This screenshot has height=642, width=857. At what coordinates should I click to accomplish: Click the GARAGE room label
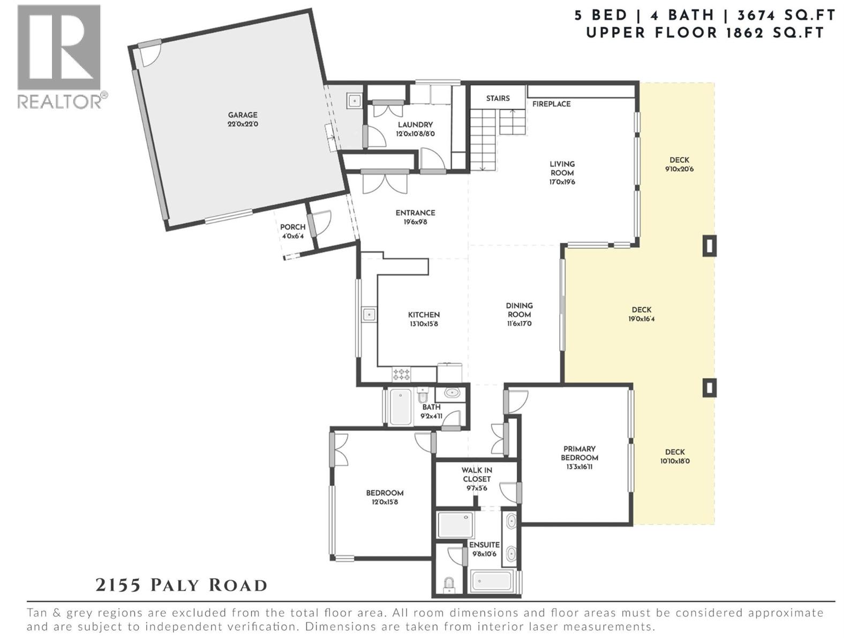pyautogui.click(x=243, y=115)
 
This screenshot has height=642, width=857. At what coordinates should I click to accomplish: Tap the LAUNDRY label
pyautogui.click(x=415, y=125)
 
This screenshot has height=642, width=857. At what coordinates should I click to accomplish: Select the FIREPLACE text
pyautogui.click(x=551, y=104)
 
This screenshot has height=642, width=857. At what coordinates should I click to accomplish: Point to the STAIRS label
pyautogui.click(x=498, y=98)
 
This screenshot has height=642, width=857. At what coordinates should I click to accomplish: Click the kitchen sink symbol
pyautogui.click(x=369, y=315)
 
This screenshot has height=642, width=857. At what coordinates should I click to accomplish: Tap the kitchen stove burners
pyautogui.click(x=401, y=373)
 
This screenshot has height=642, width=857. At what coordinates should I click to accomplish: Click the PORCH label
pyautogui.click(x=292, y=227)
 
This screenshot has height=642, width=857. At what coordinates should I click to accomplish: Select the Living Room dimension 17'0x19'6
pyautogui.click(x=562, y=182)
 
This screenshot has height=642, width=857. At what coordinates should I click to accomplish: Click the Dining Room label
pyautogui.click(x=519, y=310)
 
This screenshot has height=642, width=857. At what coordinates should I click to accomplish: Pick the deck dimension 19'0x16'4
pyautogui.click(x=641, y=319)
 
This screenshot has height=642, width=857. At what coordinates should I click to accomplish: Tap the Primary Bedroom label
pyautogui.click(x=580, y=453)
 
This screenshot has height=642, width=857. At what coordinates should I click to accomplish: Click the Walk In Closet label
pyautogui.click(x=477, y=475)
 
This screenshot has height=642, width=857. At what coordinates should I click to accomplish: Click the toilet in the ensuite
pyautogui.click(x=449, y=584)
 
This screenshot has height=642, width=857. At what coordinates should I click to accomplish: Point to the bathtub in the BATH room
pyautogui.click(x=400, y=407)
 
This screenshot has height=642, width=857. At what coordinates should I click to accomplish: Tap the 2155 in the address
pyautogui.click(x=118, y=585)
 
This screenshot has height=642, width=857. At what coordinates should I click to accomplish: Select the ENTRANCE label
pyautogui.click(x=415, y=213)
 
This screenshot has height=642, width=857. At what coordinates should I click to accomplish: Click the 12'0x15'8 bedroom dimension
pyautogui.click(x=385, y=502)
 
